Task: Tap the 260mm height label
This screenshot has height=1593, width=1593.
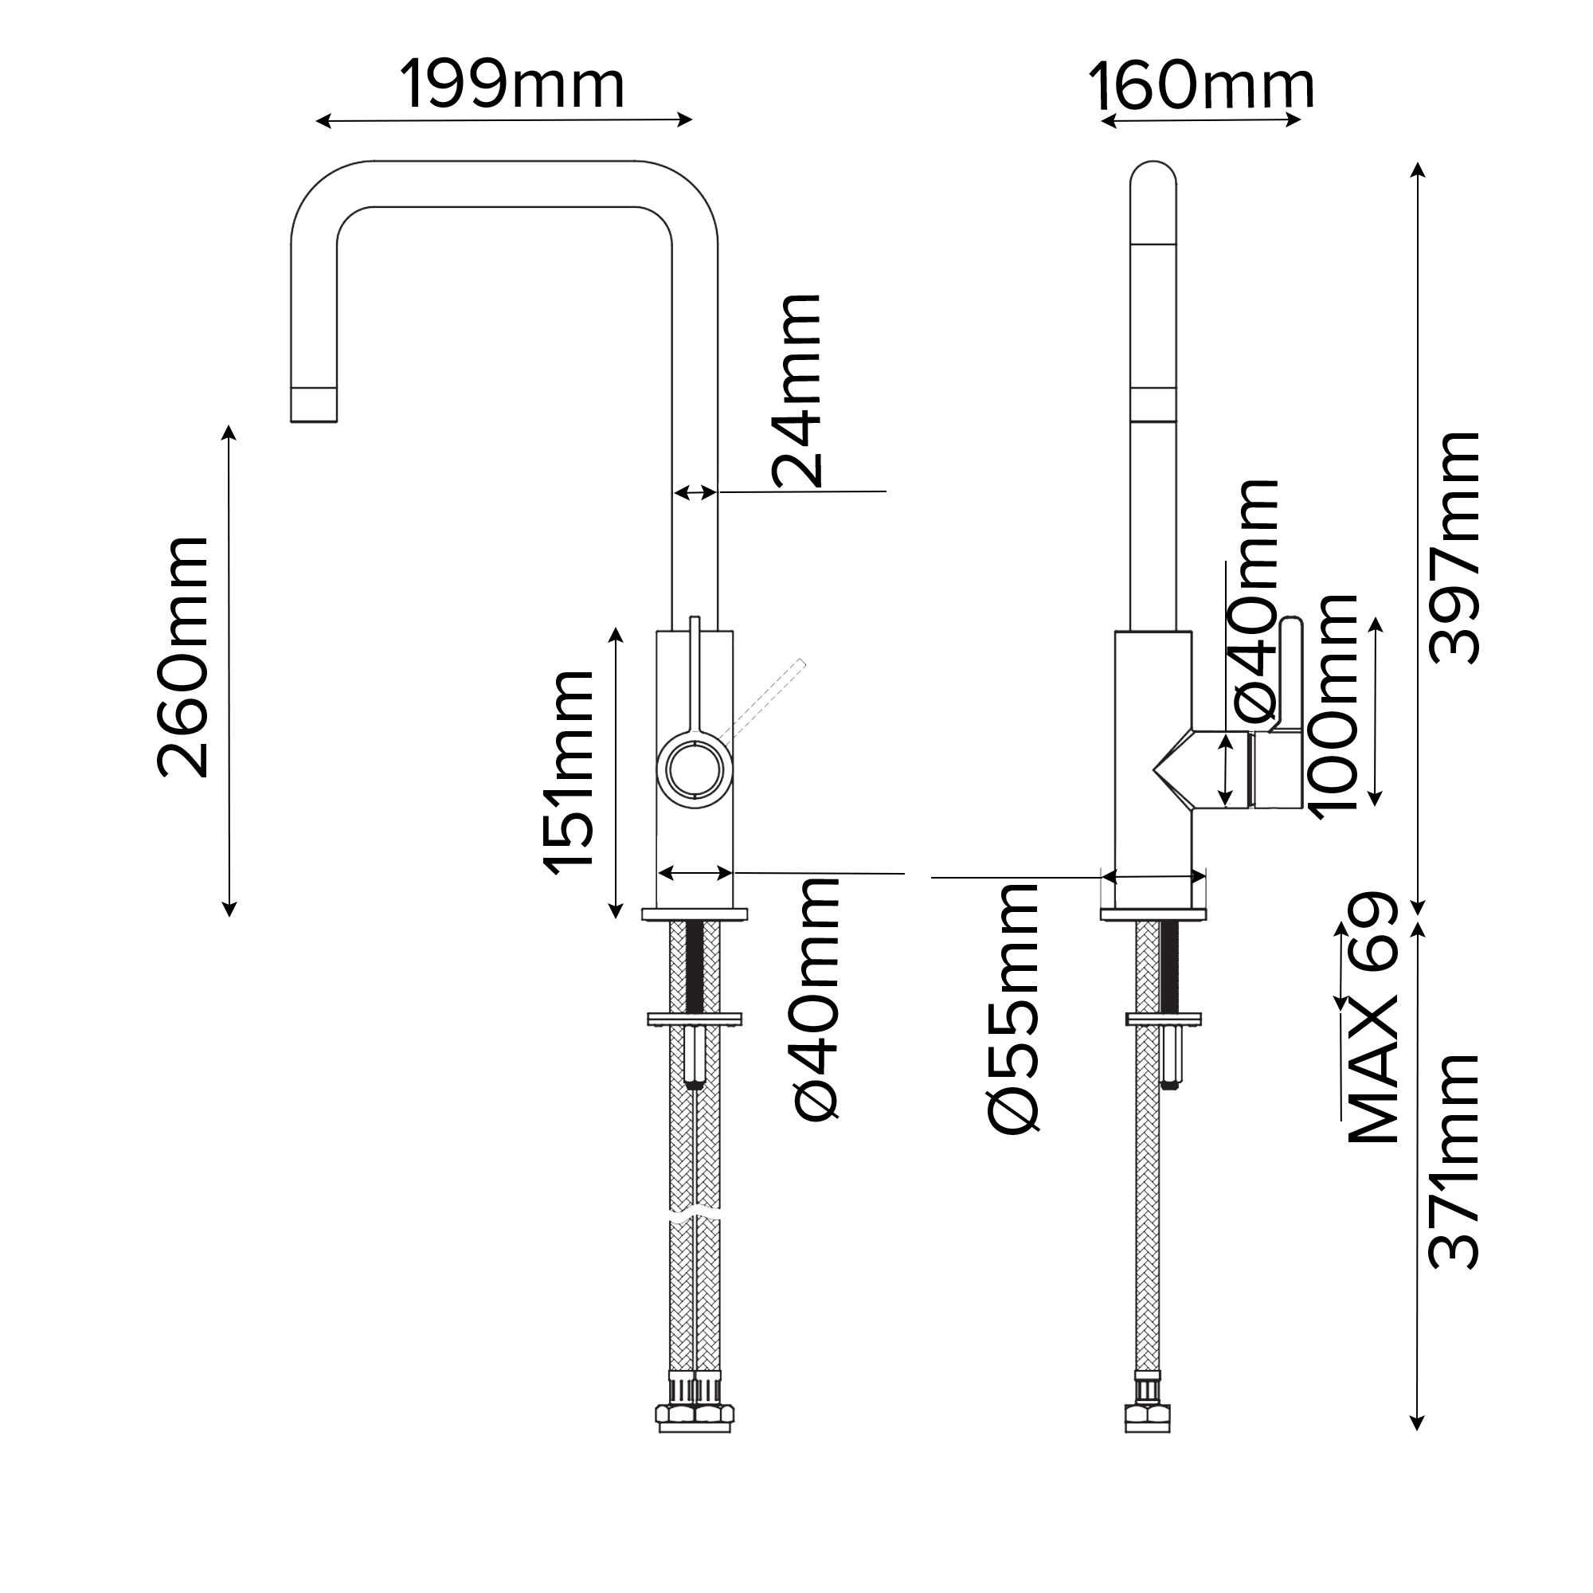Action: coord(182,656)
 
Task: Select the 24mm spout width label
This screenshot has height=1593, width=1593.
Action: coord(796,391)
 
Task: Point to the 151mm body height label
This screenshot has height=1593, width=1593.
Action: coord(568,771)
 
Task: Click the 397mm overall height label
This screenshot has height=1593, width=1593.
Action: coord(1454,547)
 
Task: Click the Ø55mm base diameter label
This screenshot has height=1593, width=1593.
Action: coord(1014,1007)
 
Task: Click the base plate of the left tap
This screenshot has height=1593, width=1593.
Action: coord(695,914)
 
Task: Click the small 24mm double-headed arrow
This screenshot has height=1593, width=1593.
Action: coord(695,493)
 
